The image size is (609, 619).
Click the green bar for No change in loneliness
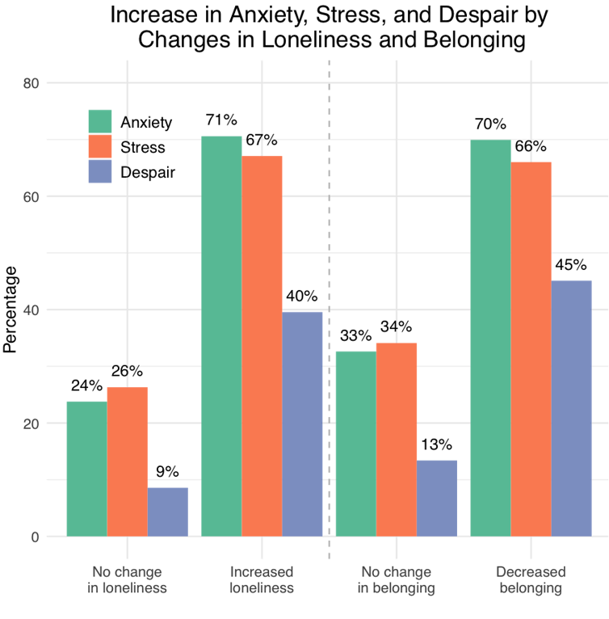click(86, 468)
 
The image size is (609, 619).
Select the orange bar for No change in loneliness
click(127, 461)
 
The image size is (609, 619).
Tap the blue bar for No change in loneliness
click(168, 512)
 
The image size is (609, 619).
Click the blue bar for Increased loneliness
click(302, 423)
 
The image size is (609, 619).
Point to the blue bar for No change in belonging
click(437, 498)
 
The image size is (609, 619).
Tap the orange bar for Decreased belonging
click(531, 348)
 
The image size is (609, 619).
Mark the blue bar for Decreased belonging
click(572, 407)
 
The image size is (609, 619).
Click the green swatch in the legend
click(100, 121)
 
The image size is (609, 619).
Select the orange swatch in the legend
click(100, 146)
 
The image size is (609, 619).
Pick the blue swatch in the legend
click(100, 171)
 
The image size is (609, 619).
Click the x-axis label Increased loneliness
click(262, 580)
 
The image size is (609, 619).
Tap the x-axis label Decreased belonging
click(531, 580)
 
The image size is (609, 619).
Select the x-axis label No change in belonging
click(397, 580)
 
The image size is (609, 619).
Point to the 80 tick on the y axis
click(32, 83)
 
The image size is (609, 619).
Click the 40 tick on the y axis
click(32, 310)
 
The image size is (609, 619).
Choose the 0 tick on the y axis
click(36, 537)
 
